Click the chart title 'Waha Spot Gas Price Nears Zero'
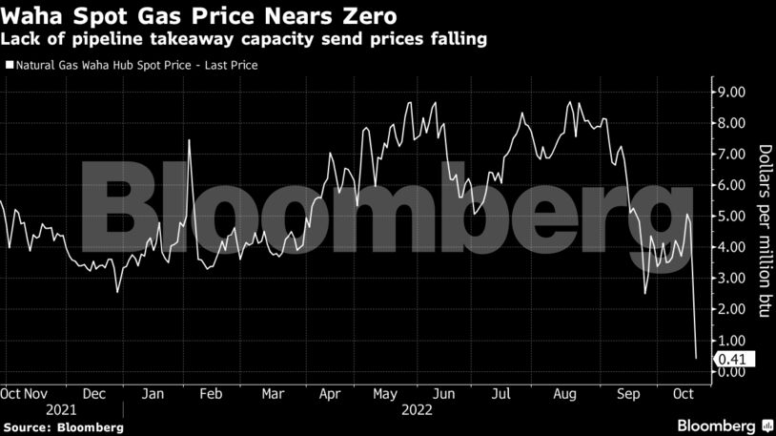pyautogui.click(x=199, y=16)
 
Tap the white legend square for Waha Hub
pyautogui.click(x=9, y=66)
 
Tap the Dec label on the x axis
pyautogui.click(x=93, y=392)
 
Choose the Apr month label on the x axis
pyautogui.click(x=330, y=392)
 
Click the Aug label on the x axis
pyautogui.click(x=565, y=392)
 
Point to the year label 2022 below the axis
pyautogui.click(x=418, y=409)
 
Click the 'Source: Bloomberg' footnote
pyautogui.click(x=63, y=426)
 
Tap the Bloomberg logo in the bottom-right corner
pyautogui.click(x=723, y=425)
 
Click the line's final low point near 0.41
pyautogui.click(x=696, y=358)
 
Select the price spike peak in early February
pyautogui.click(x=190, y=140)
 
